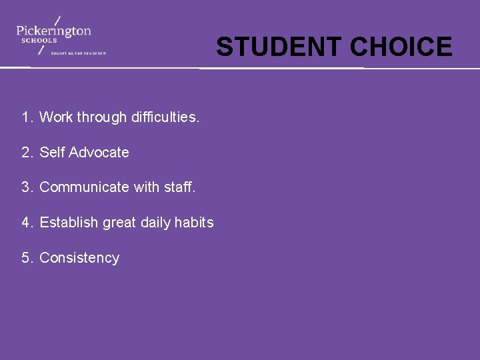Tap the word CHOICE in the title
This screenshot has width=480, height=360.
[x=401, y=47]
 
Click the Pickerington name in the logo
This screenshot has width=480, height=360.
[x=54, y=30]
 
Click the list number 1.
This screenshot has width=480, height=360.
[x=26, y=117]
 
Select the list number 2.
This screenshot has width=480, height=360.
[x=26, y=153]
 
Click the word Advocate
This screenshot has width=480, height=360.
[x=99, y=153]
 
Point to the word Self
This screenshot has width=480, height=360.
[x=51, y=153]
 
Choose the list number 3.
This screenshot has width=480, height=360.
[x=26, y=187]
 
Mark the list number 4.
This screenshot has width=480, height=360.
[x=26, y=223]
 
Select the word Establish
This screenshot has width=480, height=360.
[x=69, y=223]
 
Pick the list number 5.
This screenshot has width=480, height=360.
[x=26, y=258]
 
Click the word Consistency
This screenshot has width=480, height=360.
[x=79, y=258]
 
